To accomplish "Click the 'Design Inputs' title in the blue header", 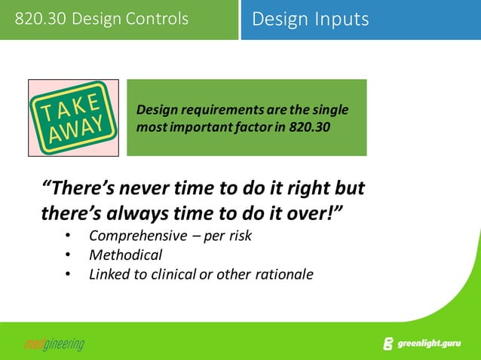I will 311,19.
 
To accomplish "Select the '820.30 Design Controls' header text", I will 102,19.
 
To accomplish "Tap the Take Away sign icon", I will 73,117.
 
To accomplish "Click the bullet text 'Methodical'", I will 125,255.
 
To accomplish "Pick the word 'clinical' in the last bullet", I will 173,274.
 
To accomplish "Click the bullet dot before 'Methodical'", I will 69,255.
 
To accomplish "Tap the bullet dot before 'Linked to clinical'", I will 69,274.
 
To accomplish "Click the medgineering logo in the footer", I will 54,345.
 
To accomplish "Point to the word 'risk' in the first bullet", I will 239,236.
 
